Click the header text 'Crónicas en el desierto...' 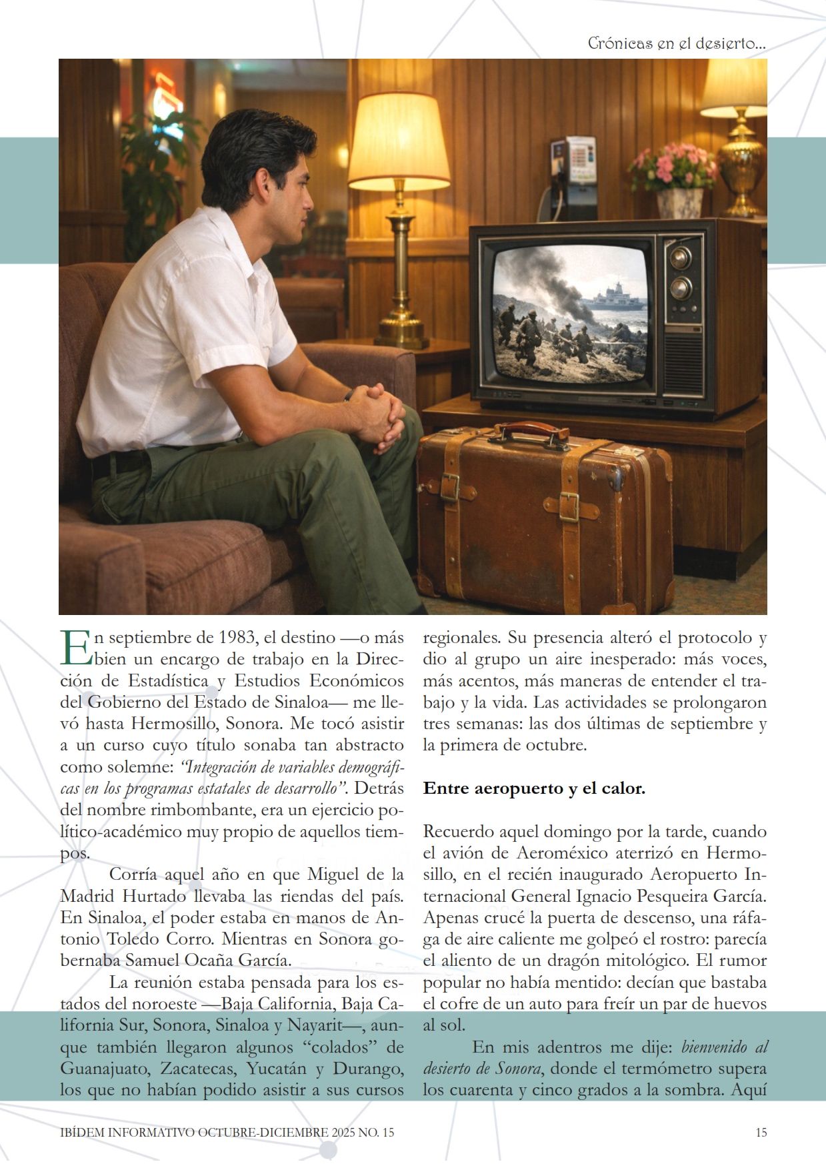(x=676, y=43)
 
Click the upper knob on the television (x=681, y=257)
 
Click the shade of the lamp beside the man (x=399, y=141)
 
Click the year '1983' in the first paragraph (x=237, y=638)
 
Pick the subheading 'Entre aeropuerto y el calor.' (x=534, y=788)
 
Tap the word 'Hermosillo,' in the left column (x=175, y=724)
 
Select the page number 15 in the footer (x=761, y=1132)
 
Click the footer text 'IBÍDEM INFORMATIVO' (x=127, y=1132)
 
